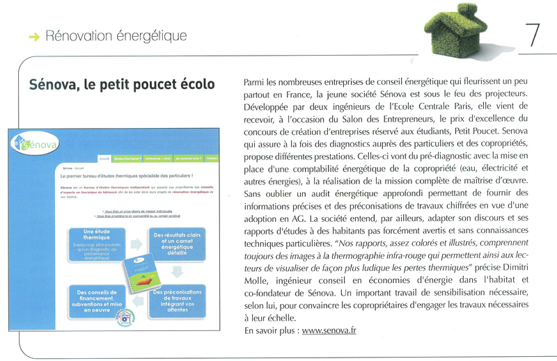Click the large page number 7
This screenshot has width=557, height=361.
(533, 35)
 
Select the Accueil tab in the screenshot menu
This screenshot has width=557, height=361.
(104, 159)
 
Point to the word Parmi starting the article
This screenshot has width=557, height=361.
(257, 83)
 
